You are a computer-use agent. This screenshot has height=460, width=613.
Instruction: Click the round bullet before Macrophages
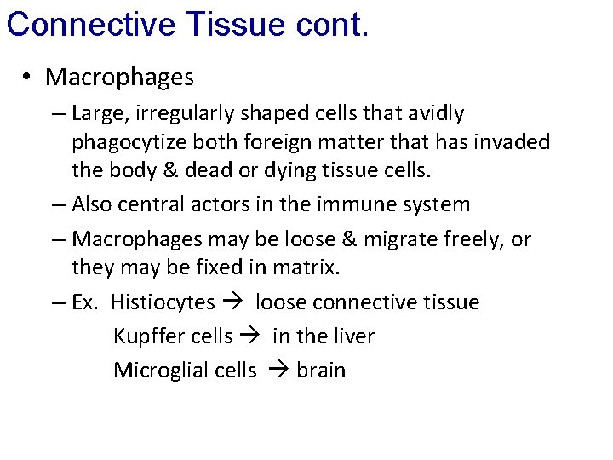coord(28,78)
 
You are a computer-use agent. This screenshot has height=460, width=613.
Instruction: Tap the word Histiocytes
coord(163,302)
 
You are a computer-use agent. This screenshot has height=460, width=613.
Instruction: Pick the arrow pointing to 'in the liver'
coord(252,336)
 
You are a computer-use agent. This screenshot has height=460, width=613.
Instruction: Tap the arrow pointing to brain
coord(276,371)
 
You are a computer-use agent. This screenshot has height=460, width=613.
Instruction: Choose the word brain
coord(321,371)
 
